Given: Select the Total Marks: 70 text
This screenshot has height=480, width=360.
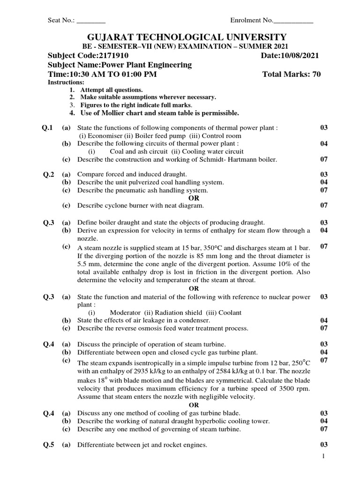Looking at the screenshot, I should pos(292,75).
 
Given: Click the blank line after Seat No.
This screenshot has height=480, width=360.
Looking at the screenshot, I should pos(91,21).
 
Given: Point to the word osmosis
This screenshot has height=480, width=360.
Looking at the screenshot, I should pos(152,328).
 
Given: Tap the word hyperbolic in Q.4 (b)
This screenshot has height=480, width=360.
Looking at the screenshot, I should pos(202,421).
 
